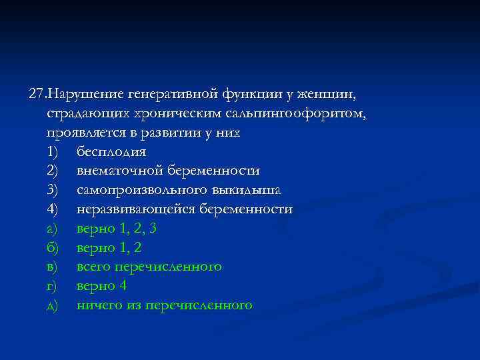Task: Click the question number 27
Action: point(39,94)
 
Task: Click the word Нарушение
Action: point(87,94)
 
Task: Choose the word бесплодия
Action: point(111,152)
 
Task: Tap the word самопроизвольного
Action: point(135,190)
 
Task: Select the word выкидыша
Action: point(239,190)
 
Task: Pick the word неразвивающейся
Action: point(129,209)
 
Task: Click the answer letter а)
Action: point(53,229)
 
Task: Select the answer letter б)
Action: point(53,248)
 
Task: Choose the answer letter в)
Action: point(53,267)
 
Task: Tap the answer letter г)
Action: point(53,286)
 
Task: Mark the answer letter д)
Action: point(53,305)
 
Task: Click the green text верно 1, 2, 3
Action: point(117,229)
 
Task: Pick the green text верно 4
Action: point(101,286)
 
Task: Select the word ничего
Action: point(98,305)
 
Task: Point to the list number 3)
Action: point(53,190)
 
